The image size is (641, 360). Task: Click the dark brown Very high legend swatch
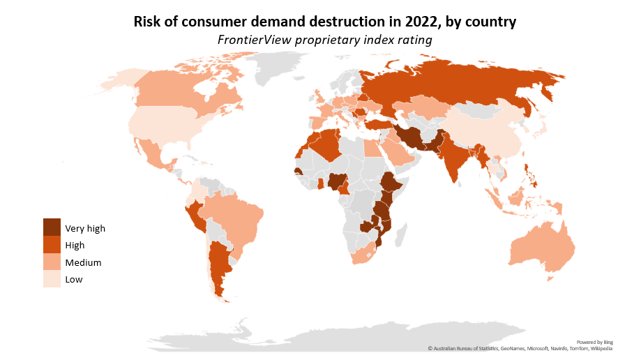pos(52,227)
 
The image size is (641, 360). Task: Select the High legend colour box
pos(52,245)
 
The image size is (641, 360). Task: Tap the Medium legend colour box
pos(52,262)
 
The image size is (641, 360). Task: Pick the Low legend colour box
pos(52,279)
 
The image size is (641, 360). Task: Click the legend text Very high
pos(85,228)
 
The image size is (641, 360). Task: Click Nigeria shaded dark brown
pos(338,182)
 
